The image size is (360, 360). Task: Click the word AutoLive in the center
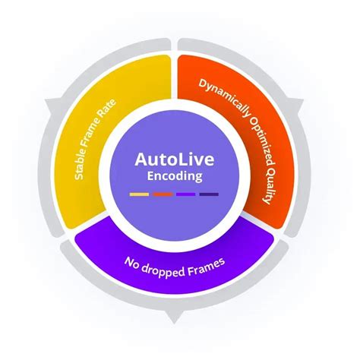point(175,159)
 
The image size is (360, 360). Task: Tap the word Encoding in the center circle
point(175,176)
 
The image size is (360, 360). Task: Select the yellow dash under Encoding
point(139,194)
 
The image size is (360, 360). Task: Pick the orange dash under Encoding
point(163,194)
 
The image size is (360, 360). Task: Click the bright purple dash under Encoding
point(185,194)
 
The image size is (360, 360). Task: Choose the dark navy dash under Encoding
point(209,194)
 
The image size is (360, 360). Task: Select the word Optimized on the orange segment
point(261,142)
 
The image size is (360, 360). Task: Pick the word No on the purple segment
point(132,263)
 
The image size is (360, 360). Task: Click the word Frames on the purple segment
point(206,267)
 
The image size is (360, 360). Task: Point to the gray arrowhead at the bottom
point(174,317)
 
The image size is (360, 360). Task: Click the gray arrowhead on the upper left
point(52,105)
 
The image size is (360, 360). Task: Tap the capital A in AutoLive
point(141,159)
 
